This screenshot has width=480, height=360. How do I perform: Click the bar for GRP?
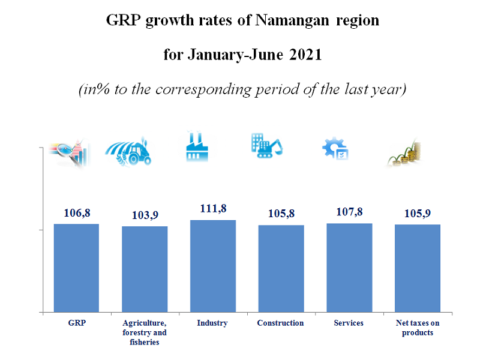point(76,268)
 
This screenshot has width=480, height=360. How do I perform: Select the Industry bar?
point(213,266)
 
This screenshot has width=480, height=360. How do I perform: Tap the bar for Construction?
point(281,268)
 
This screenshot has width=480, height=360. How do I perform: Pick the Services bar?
point(349,268)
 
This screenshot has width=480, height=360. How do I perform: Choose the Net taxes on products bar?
point(418,268)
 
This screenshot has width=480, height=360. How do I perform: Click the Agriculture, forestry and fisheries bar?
point(145,269)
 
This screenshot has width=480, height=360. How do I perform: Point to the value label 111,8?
point(213,208)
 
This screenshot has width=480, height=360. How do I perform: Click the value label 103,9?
point(145,215)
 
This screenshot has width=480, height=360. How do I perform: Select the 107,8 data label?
point(349,212)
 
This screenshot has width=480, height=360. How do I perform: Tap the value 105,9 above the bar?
point(418,213)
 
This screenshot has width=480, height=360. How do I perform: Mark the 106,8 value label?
point(76,212)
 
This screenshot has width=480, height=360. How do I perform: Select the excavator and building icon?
point(266,146)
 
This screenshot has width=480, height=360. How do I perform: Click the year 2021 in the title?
point(306,55)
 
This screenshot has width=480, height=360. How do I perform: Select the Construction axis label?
point(280,323)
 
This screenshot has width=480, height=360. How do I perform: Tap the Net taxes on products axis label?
point(418,328)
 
